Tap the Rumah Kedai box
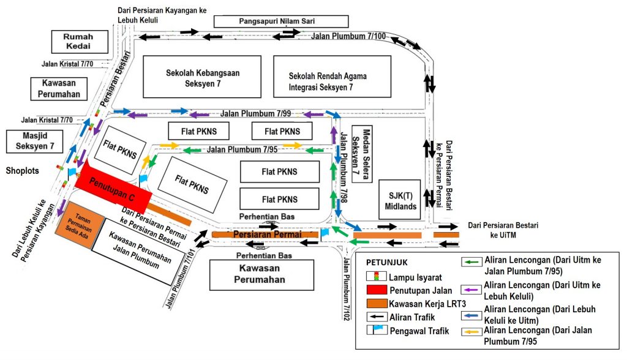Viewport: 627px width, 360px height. (x=78, y=42)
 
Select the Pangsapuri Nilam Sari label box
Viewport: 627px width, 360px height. (x=281, y=21)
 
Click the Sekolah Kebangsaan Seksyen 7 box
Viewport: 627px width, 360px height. (x=203, y=77)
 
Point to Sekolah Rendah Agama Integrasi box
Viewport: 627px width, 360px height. (x=331, y=77)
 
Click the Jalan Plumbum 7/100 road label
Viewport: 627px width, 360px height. (x=348, y=36)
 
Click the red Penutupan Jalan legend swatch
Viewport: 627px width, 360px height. (x=376, y=290)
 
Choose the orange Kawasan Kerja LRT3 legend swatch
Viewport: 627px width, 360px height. (x=376, y=303)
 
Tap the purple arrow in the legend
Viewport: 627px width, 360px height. (x=471, y=285)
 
